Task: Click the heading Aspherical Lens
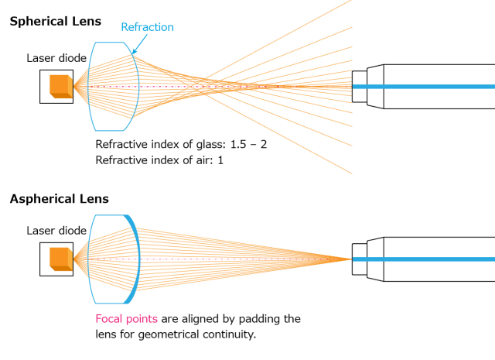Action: tap(59, 199)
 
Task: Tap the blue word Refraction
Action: tap(147, 27)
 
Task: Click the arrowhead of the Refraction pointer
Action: tap(134, 53)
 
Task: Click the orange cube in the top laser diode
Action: tap(60, 86)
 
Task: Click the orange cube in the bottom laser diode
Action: tap(60, 259)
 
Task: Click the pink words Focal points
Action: tap(126, 319)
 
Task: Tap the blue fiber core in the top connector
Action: tap(433, 86)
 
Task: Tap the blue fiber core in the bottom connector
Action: tap(433, 259)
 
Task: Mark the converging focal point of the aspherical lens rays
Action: tap(350, 259)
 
